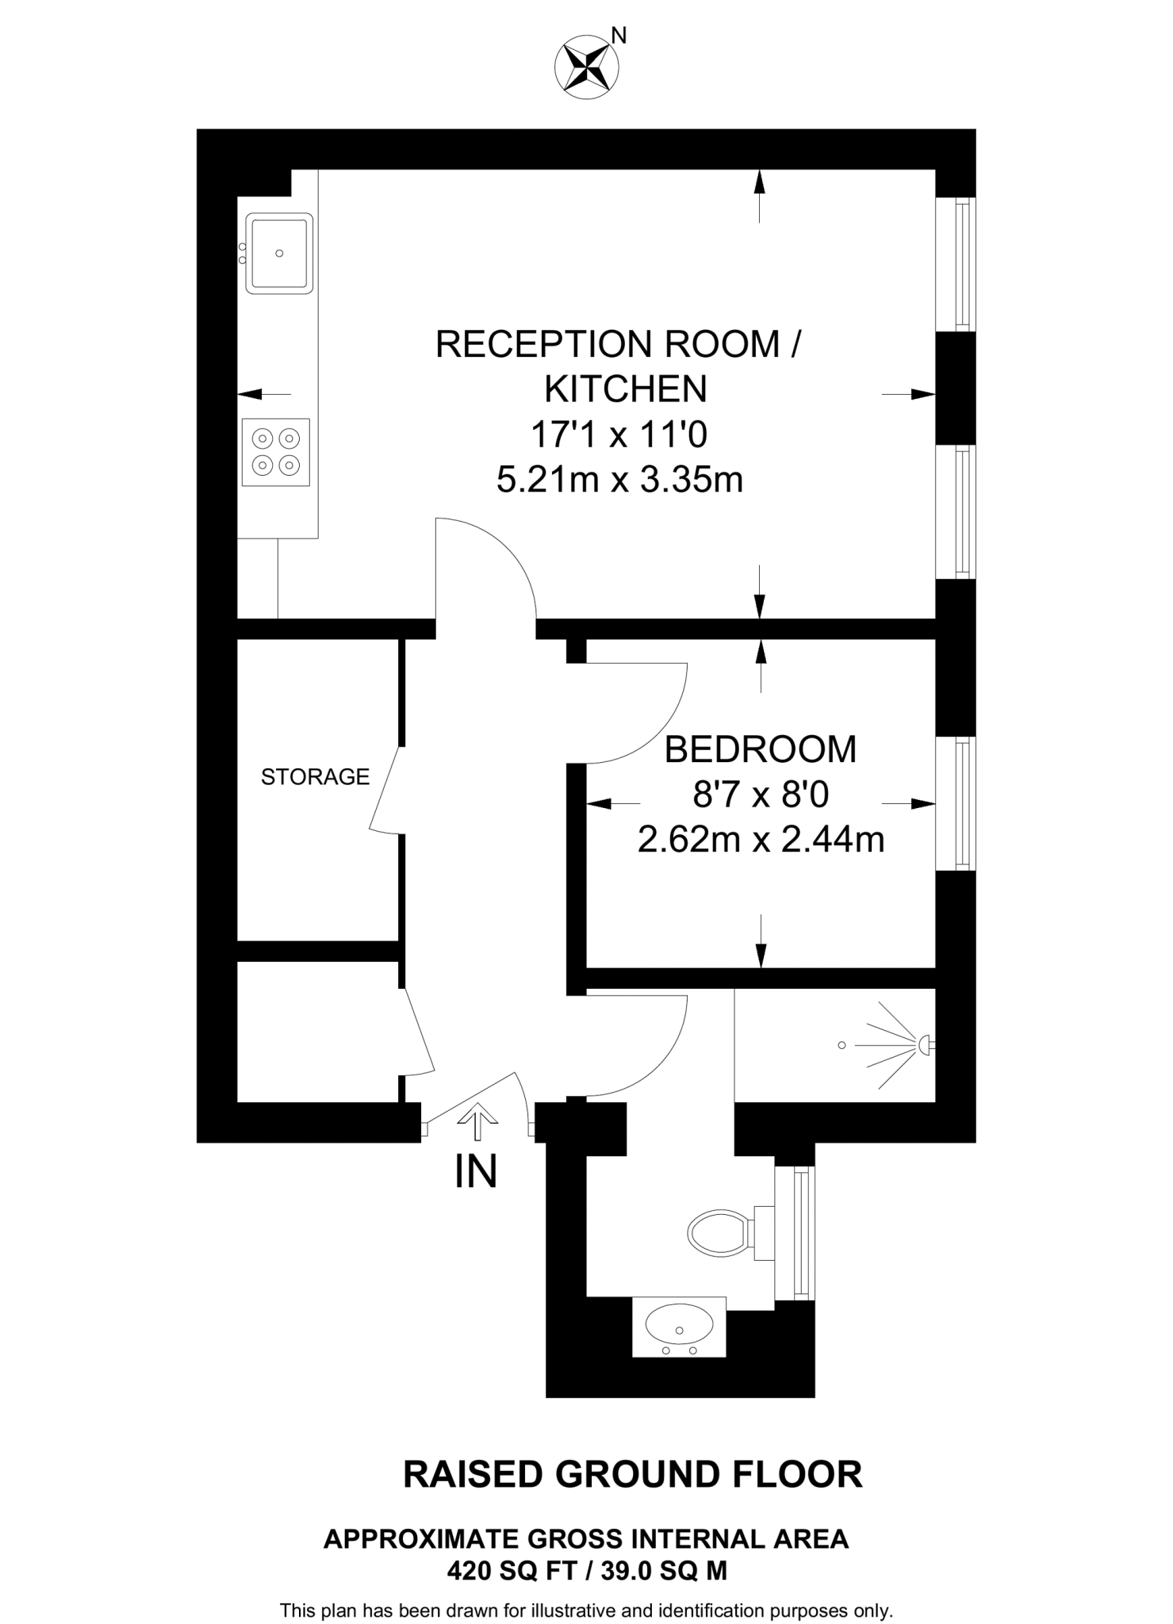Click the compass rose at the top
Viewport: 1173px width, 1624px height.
(x=586, y=68)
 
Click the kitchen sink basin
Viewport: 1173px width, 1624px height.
(x=279, y=253)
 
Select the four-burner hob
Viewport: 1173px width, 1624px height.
(x=275, y=451)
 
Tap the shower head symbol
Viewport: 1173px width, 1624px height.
(x=924, y=1045)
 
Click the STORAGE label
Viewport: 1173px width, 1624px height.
(x=315, y=777)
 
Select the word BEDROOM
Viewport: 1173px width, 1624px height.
(x=760, y=750)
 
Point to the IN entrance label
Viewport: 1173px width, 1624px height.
(x=476, y=1172)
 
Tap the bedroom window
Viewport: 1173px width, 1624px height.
(x=961, y=803)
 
